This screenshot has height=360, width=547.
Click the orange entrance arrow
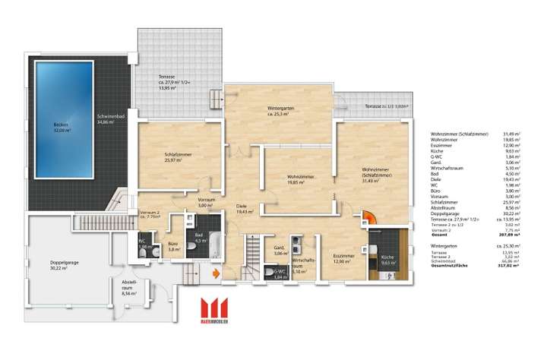(x=217, y=271)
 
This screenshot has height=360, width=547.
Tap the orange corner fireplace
(x=368, y=219)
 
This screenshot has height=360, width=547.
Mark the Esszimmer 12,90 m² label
(x=343, y=258)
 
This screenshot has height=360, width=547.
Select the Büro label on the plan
(x=173, y=246)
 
